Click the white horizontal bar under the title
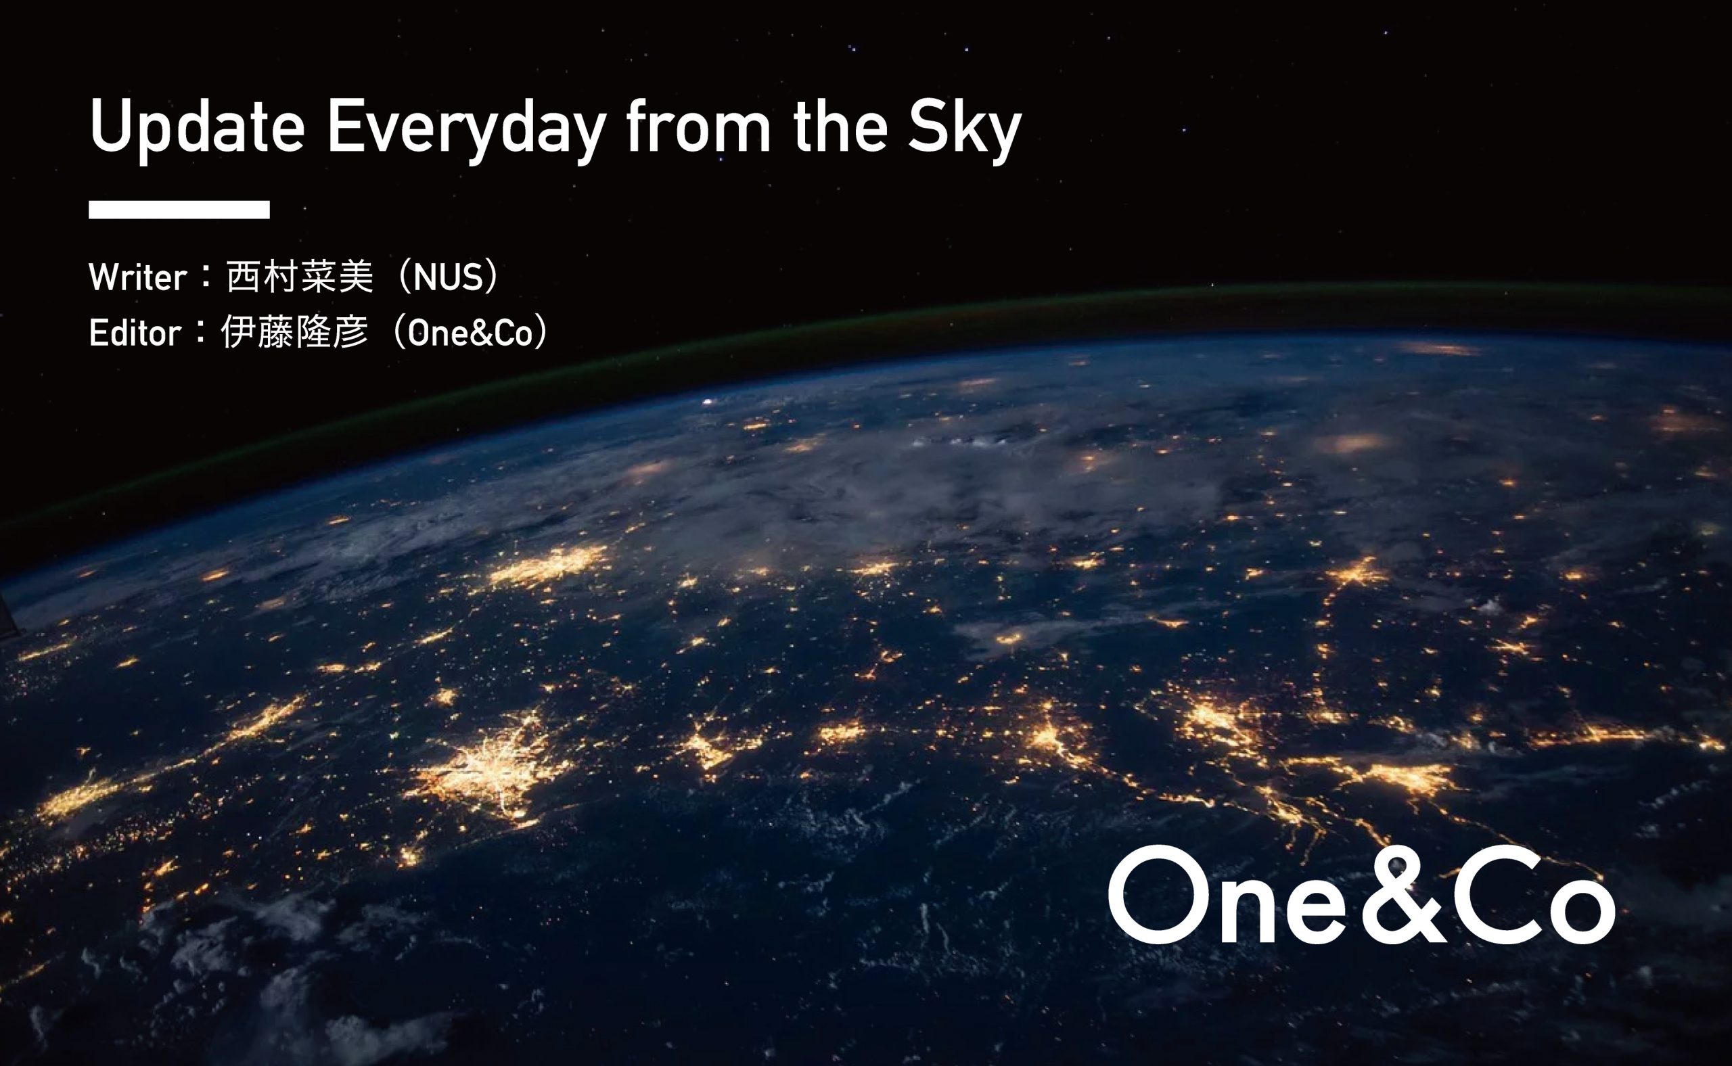pyautogui.click(x=179, y=210)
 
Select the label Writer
pyautogui.click(x=138, y=277)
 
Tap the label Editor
pyautogui.click(x=135, y=333)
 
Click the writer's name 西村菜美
pyautogui.click(x=300, y=277)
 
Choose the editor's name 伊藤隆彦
pyautogui.click(x=295, y=332)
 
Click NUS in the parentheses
pyautogui.click(x=448, y=277)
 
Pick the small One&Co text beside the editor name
pyautogui.click(x=470, y=333)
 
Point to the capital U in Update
pyautogui.click(x=111, y=126)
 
